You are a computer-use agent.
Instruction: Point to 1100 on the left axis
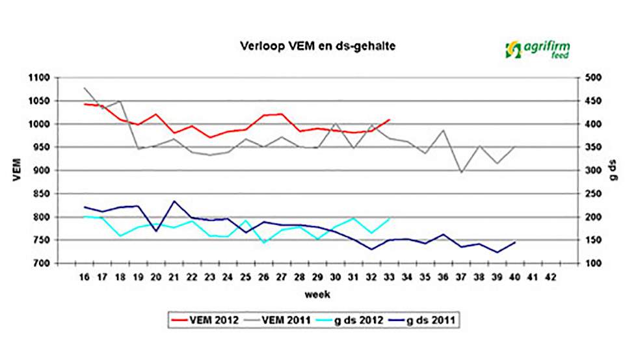(x=39, y=78)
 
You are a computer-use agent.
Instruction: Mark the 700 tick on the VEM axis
(x=42, y=264)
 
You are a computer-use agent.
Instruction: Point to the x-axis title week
(x=319, y=294)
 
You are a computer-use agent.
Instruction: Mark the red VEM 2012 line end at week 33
(x=389, y=120)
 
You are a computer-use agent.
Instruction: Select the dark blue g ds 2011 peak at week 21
(x=174, y=201)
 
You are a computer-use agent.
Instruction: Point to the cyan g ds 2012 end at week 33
(x=389, y=218)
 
